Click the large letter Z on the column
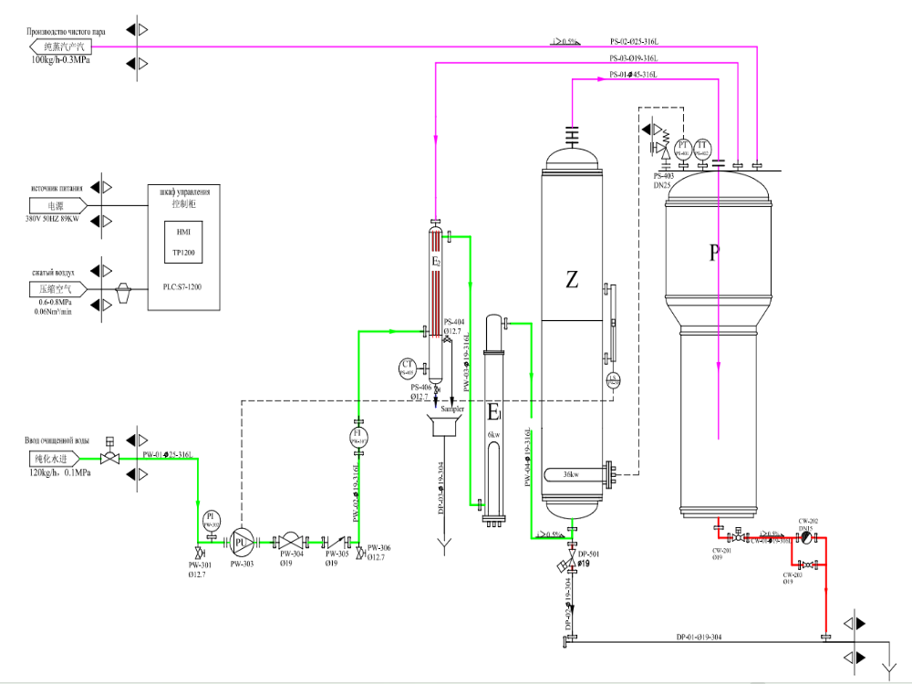tap(572, 280)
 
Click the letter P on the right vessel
tap(714, 253)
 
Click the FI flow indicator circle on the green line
tap(358, 436)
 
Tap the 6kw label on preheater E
tap(493, 434)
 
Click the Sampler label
tap(452, 409)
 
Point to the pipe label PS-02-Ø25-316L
tap(634, 42)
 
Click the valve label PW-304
tap(291, 554)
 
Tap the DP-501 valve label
tap(589, 554)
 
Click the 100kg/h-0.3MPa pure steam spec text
tap(61, 59)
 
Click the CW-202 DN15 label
tap(809, 524)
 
